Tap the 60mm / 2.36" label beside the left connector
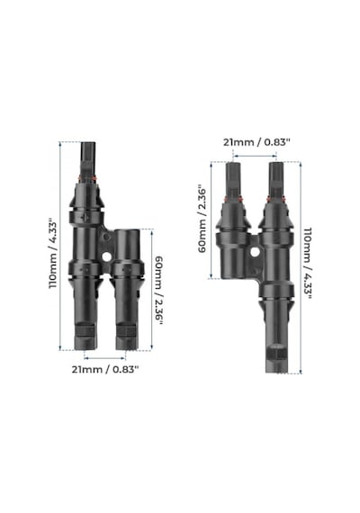click(158, 290)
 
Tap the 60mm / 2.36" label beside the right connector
click(202, 220)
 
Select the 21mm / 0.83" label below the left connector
click(105, 370)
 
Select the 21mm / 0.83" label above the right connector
click(256, 142)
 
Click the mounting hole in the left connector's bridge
click(106, 256)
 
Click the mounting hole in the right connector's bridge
click(255, 252)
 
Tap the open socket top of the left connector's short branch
click(127, 231)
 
